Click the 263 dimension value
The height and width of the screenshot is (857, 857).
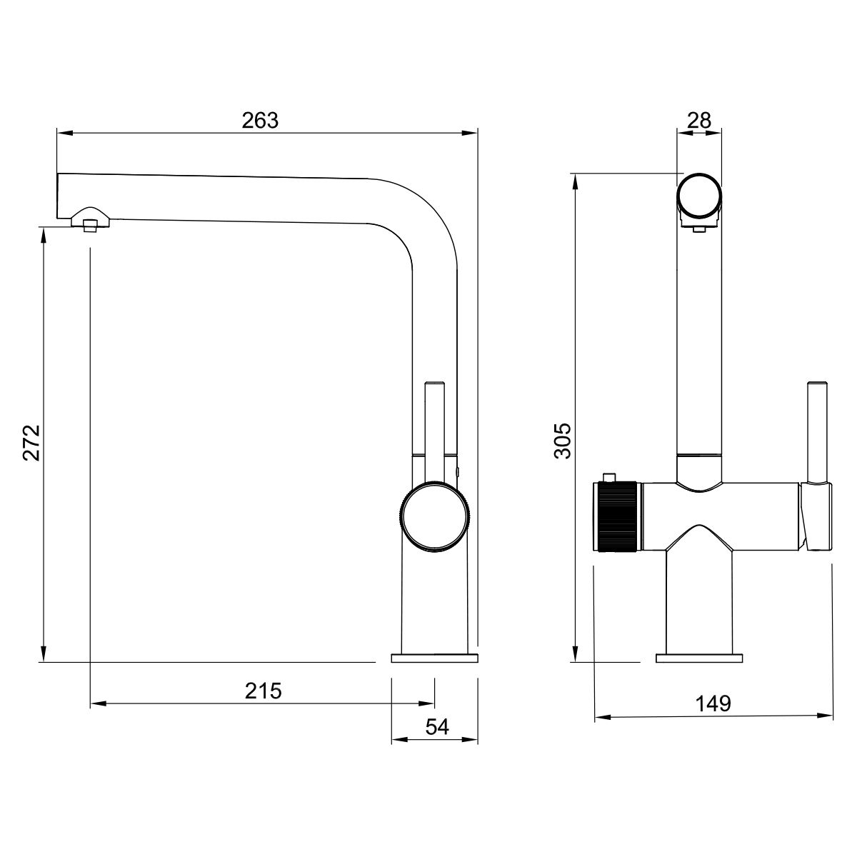[x=260, y=120]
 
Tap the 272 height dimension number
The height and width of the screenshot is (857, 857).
[x=32, y=443]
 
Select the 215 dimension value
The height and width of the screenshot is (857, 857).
[x=264, y=691]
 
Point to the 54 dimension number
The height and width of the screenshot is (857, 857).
[x=437, y=727]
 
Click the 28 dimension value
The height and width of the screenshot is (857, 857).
[x=699, y=120]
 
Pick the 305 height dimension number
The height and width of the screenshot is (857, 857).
[x=563, y=441]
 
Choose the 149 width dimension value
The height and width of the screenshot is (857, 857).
[x=713, y=703]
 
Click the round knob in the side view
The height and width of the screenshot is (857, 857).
[x=434, y=517]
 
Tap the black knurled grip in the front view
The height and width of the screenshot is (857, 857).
[x=618, y=517]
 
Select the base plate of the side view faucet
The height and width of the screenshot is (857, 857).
[x=434, y=658]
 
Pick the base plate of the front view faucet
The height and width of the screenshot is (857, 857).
[x=699, y=658]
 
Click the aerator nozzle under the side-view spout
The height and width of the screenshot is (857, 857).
[x=90, y=226]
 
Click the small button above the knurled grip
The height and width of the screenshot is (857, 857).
[x=608, y=477]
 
